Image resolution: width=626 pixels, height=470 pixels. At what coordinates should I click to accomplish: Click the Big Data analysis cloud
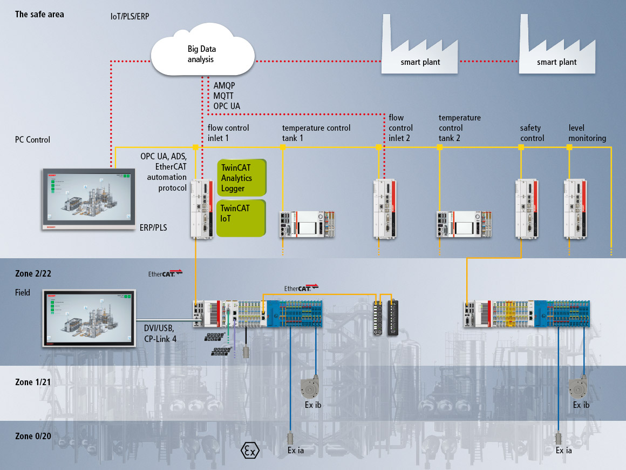[202, 54]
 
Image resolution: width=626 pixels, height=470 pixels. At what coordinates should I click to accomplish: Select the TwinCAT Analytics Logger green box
[242, 177]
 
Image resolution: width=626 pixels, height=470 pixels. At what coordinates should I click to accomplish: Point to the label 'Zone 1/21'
[32, 382]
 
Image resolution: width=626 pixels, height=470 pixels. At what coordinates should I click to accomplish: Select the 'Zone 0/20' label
[33, 436]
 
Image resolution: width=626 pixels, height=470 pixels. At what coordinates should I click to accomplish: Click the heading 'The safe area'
[39, 14]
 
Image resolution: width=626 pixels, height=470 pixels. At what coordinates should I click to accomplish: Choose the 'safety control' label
[532, 133]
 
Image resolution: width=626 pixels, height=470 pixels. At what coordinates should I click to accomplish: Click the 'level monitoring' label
[587, 133]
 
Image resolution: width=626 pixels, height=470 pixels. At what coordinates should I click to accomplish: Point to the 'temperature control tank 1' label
[316, 133]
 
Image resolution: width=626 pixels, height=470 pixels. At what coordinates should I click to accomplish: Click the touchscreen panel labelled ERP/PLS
[88, 200]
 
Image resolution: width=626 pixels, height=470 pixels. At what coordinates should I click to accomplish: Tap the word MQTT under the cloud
[224, 96]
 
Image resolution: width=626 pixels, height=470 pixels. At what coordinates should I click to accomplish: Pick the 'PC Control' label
[32, 140]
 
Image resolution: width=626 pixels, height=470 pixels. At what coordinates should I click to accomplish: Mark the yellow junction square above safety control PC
[521, 147]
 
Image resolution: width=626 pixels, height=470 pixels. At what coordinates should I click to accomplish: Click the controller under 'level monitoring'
[575, 209]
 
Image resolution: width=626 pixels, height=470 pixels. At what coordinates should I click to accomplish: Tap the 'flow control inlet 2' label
[401, 128]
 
